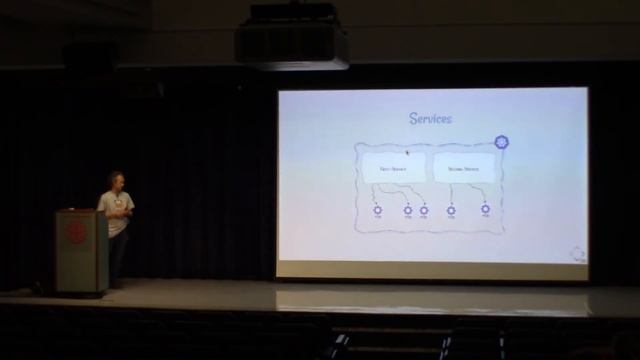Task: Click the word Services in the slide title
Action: pyautogui.click(x=430, y=119)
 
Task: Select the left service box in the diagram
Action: pyautogui.click(x=391, y=168)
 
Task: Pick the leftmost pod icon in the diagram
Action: pyautogui.click(x=377, y=210)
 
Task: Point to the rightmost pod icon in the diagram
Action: pyautogui.click(x=485, y=210)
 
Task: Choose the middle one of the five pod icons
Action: pyautogui.click(x=424, y=210)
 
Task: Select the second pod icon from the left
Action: pyautogui.click(x=408, y=210)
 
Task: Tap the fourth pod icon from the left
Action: pyautogui.click(x=452, y=210)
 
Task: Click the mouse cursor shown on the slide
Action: pyautogui.click(x=407, y=153)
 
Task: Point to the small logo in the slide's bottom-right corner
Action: pyautogui.click(x=578, y=253)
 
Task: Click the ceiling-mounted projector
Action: pyautogui.click(x=291, y=42)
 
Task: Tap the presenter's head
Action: pyautogui.click(x=115, y=181)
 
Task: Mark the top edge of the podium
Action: pyautogui.click(x=80, y=211)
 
